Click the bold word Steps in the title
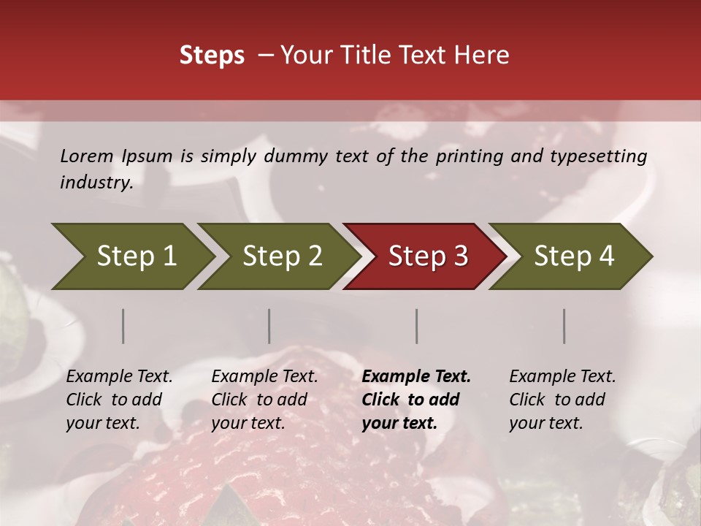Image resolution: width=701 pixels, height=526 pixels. pos(212,56)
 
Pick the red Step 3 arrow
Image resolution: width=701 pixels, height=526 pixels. pos(424,256)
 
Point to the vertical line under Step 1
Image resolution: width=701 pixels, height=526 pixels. pos(123,326)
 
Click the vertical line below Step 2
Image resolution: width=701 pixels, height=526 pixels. pos(269,326)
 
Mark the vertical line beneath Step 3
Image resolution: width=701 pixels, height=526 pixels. pos(417,326)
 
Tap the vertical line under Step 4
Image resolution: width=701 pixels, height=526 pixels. pos(564,326)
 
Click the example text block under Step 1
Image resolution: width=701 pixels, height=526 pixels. pos(119,400)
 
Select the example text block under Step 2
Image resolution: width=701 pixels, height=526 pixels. pos(264,400)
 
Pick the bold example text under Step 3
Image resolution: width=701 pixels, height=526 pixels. pos(416,400)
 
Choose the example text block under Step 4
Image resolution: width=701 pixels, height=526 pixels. pos(562,400)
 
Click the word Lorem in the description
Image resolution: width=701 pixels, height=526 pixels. pos(86,156)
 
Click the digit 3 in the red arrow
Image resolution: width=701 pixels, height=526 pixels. pos(460,256)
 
